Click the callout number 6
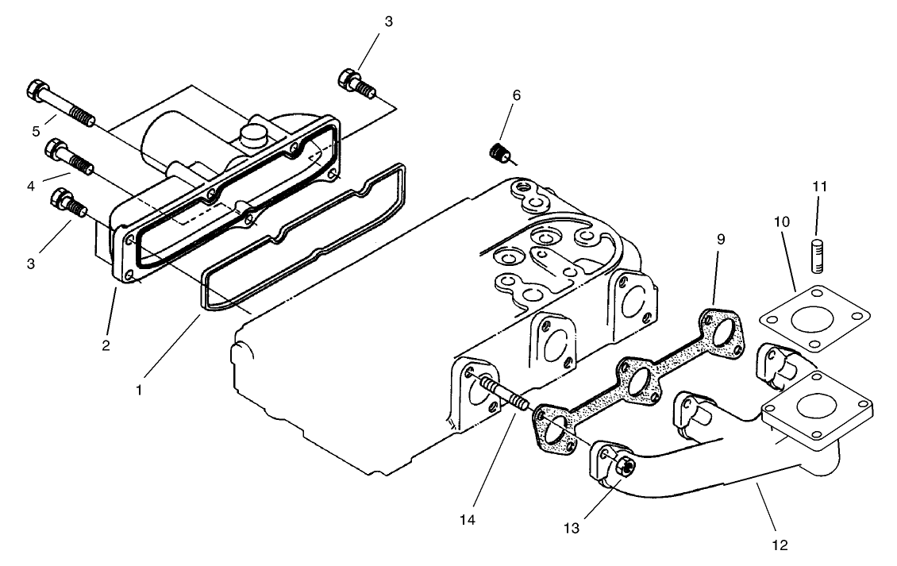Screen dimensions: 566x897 (516, 95)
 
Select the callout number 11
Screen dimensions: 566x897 (820, 187)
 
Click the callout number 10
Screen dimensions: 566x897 (782, 222)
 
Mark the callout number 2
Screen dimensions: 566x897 (106, 345)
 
